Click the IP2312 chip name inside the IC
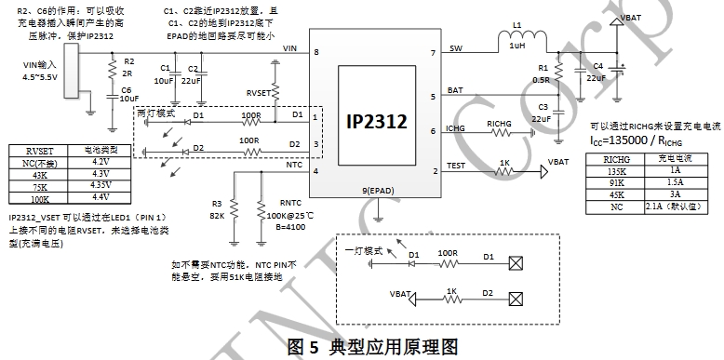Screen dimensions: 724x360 [x=377, y=121]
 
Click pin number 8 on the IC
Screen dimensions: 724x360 [x=316, y=52]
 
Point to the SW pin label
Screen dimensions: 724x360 [x=455, y=48]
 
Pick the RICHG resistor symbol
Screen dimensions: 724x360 [x=499, y=133]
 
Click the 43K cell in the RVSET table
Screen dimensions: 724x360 [x=39, y=175]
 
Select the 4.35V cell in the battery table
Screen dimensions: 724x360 [x=100, y=185]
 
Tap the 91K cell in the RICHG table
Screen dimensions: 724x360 [x=615, y=182]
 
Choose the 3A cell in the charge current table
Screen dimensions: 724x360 [x=676, y=194]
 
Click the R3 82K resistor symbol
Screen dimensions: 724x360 [x=235, y=209]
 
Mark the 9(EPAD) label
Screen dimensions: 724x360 [x=378, y=191]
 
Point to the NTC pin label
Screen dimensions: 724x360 [x=294, y=165]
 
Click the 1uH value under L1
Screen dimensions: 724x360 [x=517, y=47]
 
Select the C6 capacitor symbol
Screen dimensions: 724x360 [x=112, y=97]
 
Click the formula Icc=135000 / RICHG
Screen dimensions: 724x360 [x=636, y=140]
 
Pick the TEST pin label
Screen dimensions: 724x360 [x=456, y=166]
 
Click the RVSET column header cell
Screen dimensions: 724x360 [x=39, y=151]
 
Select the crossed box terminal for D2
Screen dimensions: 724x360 [x=516, y=300]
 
